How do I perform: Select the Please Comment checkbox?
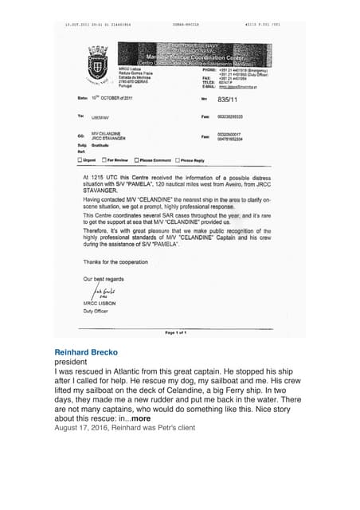(137, 159)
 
